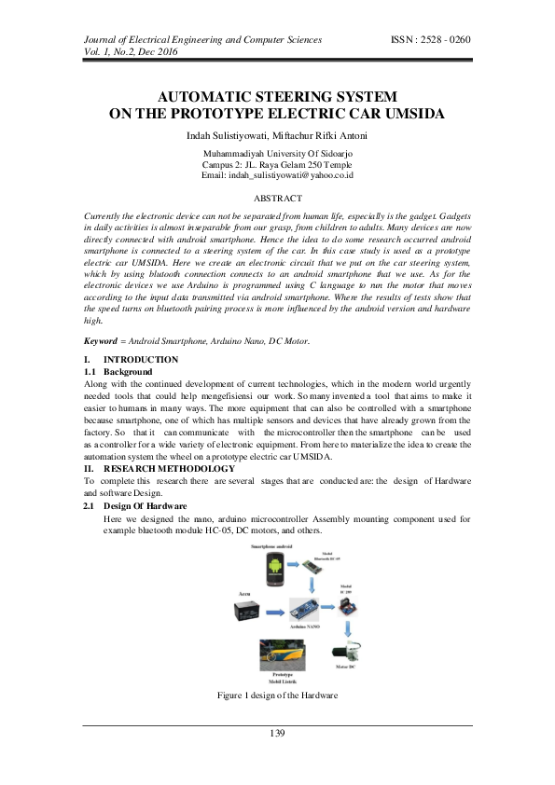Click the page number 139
(277, 734)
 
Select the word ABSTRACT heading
(278, 199)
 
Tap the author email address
(277, 175)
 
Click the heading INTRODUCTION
(141, 360)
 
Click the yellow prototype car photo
(283, 654)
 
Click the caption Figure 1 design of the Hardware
(277, 695)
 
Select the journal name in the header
(203, 40)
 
